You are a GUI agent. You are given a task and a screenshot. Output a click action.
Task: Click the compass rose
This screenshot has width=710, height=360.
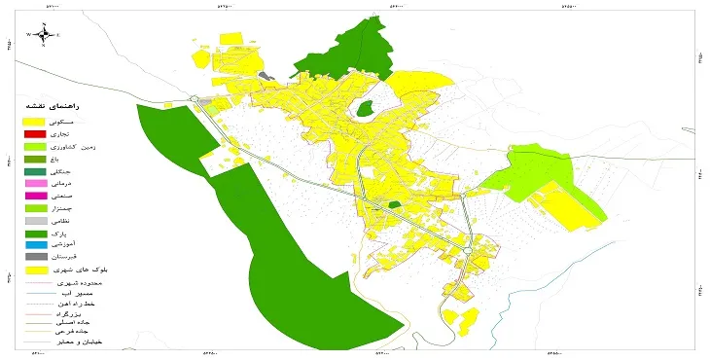tap(43, 34)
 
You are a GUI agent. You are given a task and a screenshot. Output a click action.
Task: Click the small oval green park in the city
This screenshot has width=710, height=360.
tap(366, 109)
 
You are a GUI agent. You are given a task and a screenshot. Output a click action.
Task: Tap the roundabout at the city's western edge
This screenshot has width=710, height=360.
tap(195, 98)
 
